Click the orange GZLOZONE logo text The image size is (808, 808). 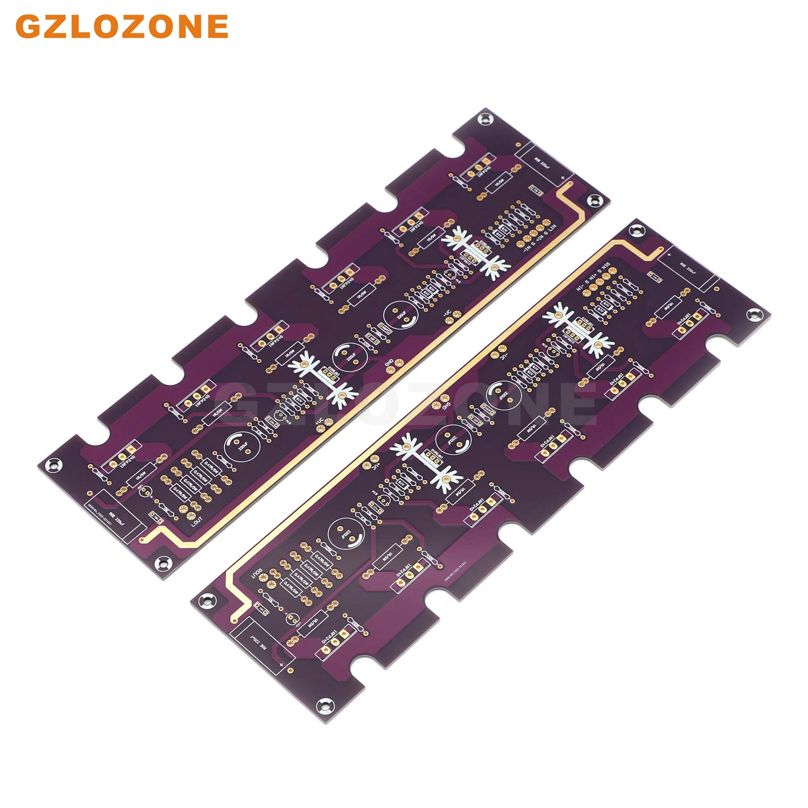coord(122,26)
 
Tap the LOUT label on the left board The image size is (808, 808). coord(196,521)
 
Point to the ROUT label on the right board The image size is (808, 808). coord(258,573)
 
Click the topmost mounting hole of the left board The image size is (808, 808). coord(486,118)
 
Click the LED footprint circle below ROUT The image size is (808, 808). coord(291,618)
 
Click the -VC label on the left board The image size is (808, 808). coord(447,314)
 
